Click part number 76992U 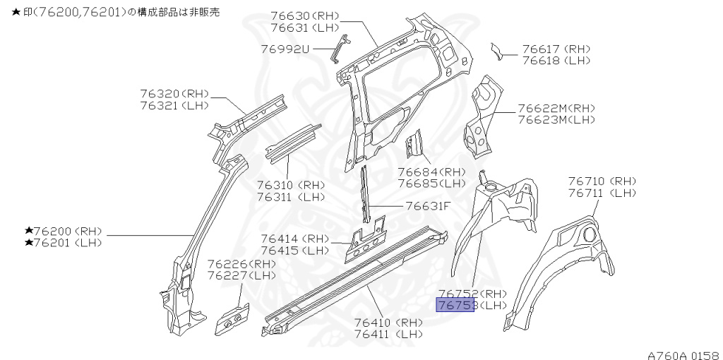tap(285, 49)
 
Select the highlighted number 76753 tap(455, 305)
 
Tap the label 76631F tap(427, 206)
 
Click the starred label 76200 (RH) tap(64, 232)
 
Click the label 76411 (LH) tap(388, 334)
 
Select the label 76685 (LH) tap(431, 184)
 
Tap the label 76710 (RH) tap(602, 181)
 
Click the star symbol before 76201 tap(29, 243)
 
